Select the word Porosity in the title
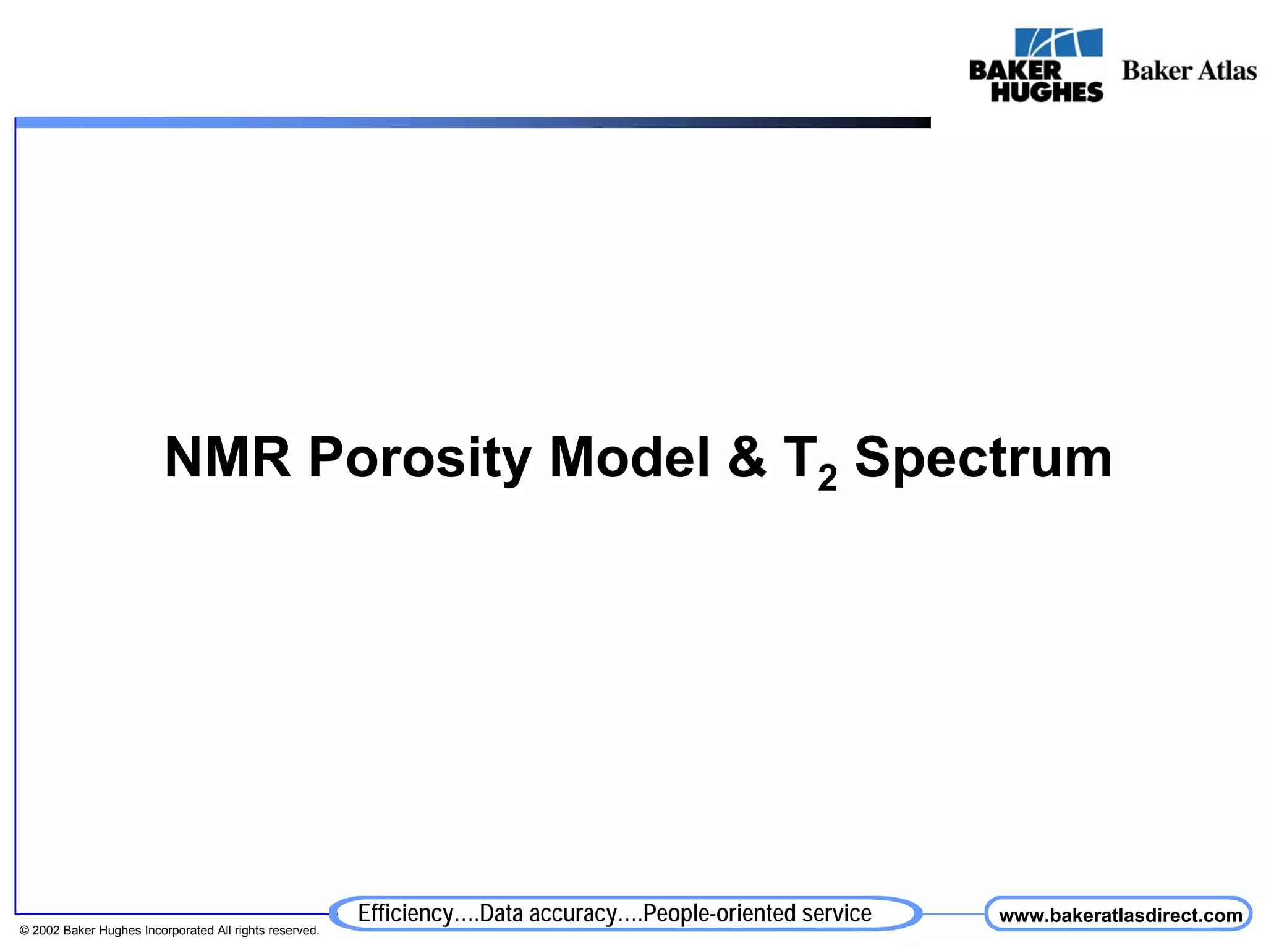click(419, 459)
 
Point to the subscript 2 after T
click(827, 477)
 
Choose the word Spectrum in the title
click(983, 459)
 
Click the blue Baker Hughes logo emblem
click(1058, 43)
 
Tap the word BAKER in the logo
click(1014, 70)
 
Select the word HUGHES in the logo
click(1047, 91)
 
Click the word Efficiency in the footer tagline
click(406, 913)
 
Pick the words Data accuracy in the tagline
click(548, 913)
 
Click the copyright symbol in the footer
click(24, 931)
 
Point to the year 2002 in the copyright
click(46, 931)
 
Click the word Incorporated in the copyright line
click(179, 931)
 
